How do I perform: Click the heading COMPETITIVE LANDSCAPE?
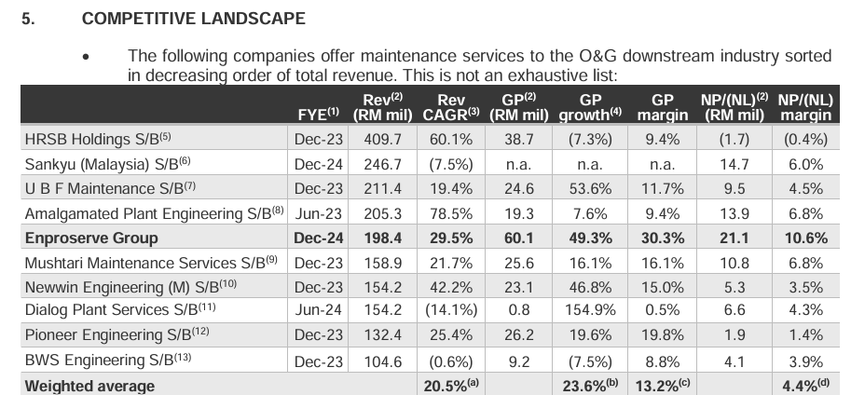(193, 18)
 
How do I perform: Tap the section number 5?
(27, 18)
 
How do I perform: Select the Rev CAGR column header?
(451, 107)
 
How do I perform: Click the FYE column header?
(318, 115)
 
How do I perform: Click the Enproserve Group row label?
(91, 238)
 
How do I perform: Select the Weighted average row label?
(89, 385)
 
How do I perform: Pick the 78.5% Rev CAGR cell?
(451, 213)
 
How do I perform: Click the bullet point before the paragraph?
(86, 58)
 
